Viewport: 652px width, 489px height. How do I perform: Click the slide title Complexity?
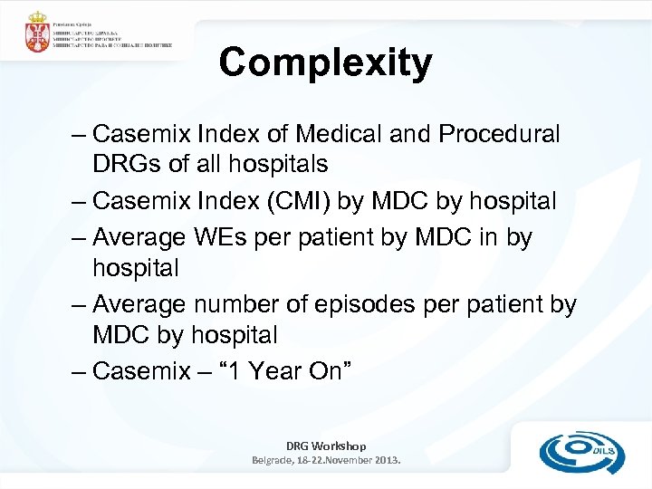coord(325,63)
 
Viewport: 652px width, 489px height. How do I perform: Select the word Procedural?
coord(499,134)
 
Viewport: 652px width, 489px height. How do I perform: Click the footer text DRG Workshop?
coord(326,446)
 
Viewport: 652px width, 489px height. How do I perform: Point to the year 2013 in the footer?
coord(384,460)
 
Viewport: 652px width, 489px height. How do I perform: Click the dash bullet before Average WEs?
coord(78,237)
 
